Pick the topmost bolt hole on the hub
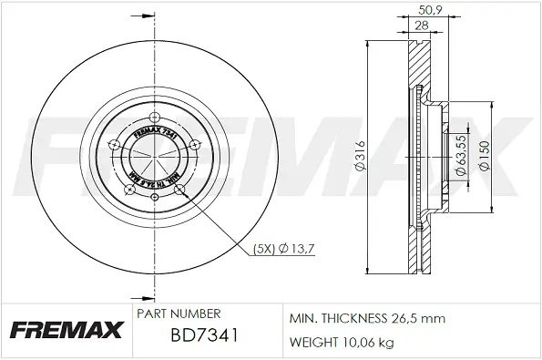(x=152, y=117)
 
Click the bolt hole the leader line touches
(x=179, y=189)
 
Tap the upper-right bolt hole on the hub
(x=194, y=142)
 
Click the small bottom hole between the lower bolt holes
(x=155, y=194)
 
